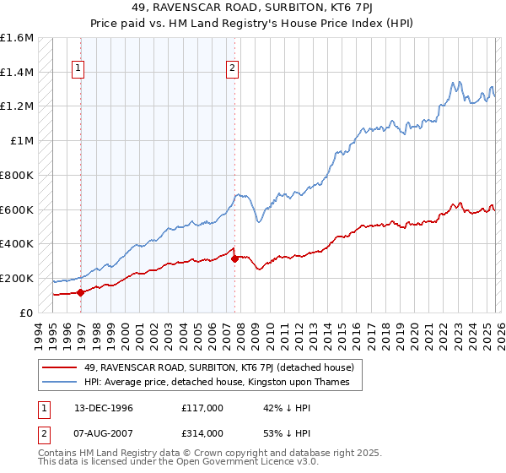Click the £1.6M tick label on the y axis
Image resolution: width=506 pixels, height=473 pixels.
[x=17, y=38]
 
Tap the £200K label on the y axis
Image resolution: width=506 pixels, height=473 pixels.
[x=17, y=278]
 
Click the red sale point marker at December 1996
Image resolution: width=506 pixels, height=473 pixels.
[x=81, y=293]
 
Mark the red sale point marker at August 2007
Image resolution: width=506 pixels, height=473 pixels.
[x=234, y=258]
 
